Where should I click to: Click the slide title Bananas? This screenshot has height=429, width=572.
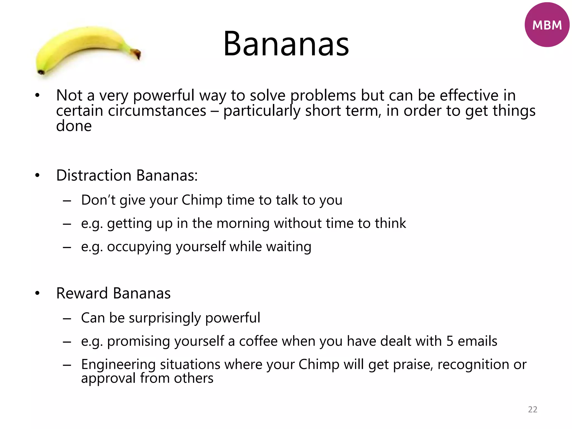pyautogui.click(x=286, y=44)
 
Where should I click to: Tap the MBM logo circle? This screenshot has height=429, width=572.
pyautogui.click(x=547, y=25)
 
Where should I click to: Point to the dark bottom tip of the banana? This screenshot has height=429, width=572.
pyautogui.click(x=41, y=72)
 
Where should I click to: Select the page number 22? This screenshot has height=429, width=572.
pyautogui.click(x=533, y=409)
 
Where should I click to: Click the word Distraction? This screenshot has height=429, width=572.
pyautogui.click(x=94, y=175)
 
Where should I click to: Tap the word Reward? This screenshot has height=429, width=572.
pyautogui.click(x=82, y=293)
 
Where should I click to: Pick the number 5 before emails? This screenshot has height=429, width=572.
pyautogui.click(x=450, y=341)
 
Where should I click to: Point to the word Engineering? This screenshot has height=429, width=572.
pyautogui.click(x=118, y=364)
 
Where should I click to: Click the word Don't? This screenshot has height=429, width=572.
pyautogui.click(x=98, y=200)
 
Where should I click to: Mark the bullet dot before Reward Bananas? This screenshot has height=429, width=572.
pyautogui.click(x=37, y=294)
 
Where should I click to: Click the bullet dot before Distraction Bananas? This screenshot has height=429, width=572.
pyautogui.click(x=37, y=176)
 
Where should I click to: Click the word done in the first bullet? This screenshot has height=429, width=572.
pyautogui.click(x=74, y=126)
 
